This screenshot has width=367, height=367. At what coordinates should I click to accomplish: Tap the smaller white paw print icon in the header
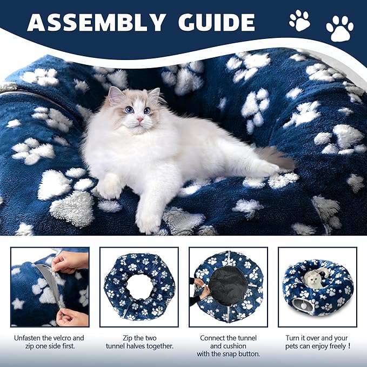click(x=299, y=20)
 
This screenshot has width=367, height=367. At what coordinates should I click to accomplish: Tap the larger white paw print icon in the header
click(x=339, y=28)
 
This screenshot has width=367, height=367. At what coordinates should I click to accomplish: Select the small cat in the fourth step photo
click(x=312, y=279)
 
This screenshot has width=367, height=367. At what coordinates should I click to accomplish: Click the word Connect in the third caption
click(x=212, y=338)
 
